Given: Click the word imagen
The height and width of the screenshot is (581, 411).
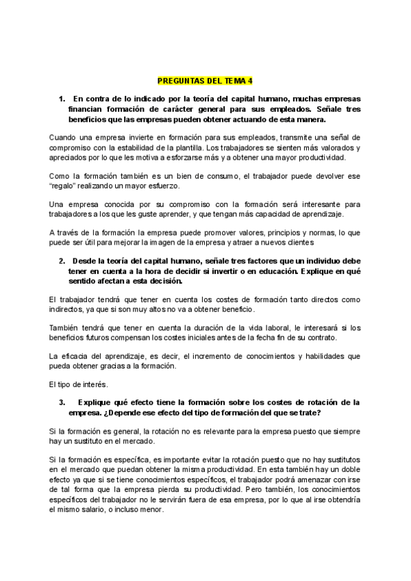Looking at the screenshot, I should click(177, 243).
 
